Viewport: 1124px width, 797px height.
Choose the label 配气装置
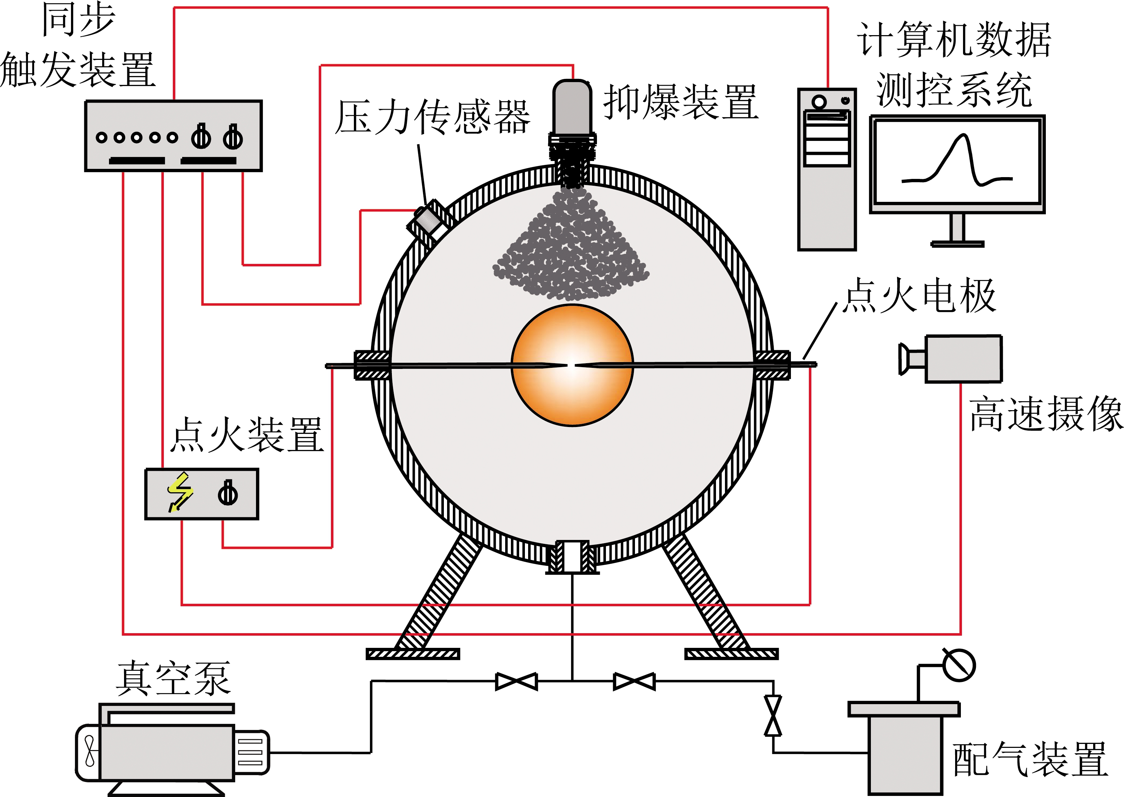coord(1030,759)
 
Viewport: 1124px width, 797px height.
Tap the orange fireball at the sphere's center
coord(572,366)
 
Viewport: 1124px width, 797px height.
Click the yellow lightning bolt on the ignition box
coord(180,492)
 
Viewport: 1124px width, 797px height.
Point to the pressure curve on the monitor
coord(957,162)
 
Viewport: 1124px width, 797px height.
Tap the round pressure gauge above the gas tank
coord(959,665)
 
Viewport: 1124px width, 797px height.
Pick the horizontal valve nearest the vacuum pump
coord(516,681)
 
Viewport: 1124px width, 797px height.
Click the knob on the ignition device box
coord(228,493)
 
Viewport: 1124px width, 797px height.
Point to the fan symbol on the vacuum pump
coord(89,750)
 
